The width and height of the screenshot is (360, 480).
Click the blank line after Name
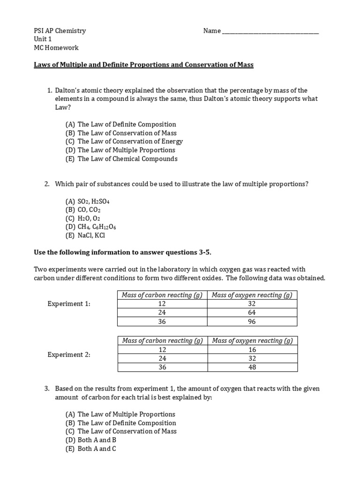pos(270,31)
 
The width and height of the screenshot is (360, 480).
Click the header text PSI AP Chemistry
pos(60,31)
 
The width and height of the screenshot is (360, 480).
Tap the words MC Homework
pos(56,48)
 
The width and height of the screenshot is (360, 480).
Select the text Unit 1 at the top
pos(43,39)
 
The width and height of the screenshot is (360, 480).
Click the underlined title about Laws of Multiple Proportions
pos(143,65)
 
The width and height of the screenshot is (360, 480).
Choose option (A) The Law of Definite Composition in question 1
pos(121,124)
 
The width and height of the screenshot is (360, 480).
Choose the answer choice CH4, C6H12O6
pos(91,227)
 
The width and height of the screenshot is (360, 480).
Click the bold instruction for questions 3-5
pos(122,253)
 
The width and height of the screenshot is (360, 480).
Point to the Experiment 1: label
pos(69,304)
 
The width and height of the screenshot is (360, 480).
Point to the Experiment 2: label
pos(69,355)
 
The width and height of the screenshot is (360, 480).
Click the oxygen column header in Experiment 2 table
pos(252,341)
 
